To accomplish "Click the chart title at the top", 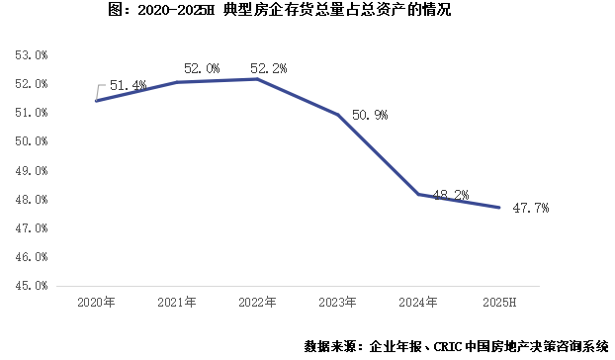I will (308, 13).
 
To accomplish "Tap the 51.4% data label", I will (128, 86).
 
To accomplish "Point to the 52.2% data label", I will (270, 68).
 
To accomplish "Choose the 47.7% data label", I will (529, 209).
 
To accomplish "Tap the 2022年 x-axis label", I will (257, 300).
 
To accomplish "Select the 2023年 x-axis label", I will (338, 300).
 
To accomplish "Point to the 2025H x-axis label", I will (499, 300).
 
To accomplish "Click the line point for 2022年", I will (257, 78).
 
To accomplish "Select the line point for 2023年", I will (338, 115).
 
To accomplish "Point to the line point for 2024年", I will (418, 194).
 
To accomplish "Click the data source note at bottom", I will (456, 346).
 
